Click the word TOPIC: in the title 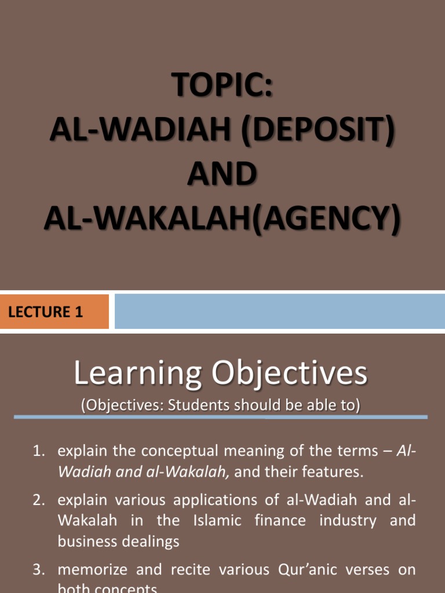222,88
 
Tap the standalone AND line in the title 222,174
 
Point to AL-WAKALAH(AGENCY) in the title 222,218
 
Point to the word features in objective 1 335,472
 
